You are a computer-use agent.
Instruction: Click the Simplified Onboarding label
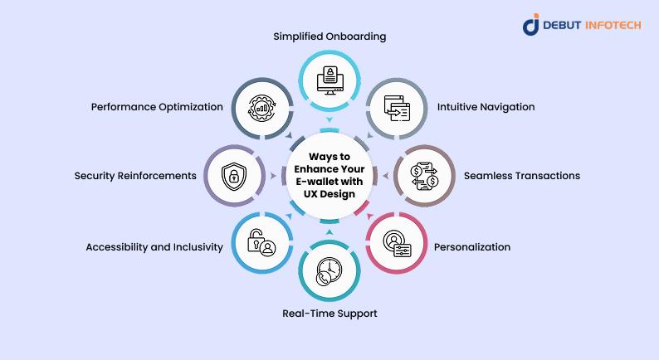pyautogui.click(x=329, y=36)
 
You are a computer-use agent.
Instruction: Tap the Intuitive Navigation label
pyautogui.click(x=486, y=107)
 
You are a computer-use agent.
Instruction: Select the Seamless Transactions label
pyautogui.click(x=522, y=176)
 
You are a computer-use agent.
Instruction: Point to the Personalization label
pyautogui.click(x=472, y=247)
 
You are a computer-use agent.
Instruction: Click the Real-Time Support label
pyautogui.click(x=329, y=314)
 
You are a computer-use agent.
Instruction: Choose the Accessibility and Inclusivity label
pyautogui.click(x=154, y=247)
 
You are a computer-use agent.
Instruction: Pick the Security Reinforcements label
pyautogui.click(x=135, y=176)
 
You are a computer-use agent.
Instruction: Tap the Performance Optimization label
pyautogui.click(x=157, y=107)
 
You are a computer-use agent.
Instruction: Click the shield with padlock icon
pyautogui.click(x=234, y=176)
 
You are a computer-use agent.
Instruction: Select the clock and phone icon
pyautogui.click(x=329, y=271)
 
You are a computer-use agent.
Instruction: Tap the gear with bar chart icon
pyautogui.click(x=261, y=108)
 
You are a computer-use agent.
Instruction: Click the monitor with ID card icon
pyautogui.click(x=330, y=80)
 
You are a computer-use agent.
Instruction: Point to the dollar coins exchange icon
pyautogui.click(x=424, y=176)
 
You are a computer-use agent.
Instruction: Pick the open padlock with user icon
pyautogui.click(x=261, y=243)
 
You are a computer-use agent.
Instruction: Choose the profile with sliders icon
pyautogui.click(x=397, y=243)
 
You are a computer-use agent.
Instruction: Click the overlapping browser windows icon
pyautogui.click(x=397, y=108)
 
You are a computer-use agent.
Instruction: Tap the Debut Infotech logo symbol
pyautogui.click(x=531, y=24)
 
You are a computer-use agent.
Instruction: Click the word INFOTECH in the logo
pyautogui.click(x=613, y=25)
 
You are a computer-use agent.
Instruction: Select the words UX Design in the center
pyautogui.click(x=329, y=194)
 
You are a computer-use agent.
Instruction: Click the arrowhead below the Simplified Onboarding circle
pyautogui.click(x=329, y=120)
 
